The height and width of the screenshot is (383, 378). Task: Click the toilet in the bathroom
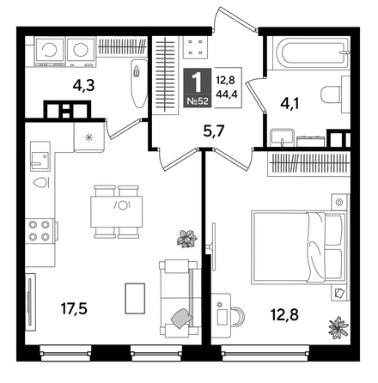point(330,94)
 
